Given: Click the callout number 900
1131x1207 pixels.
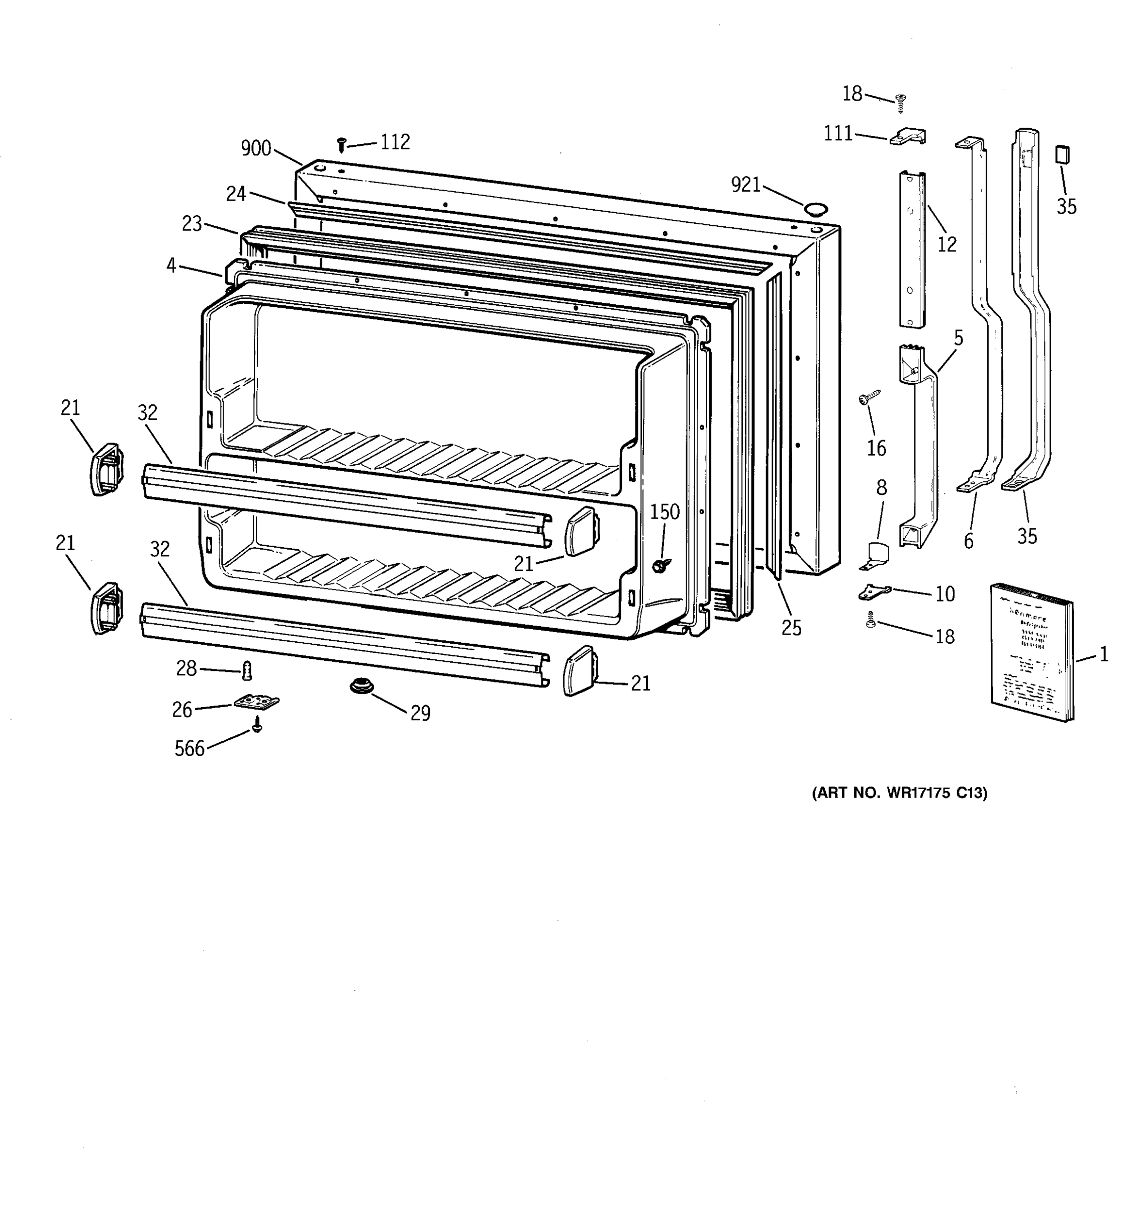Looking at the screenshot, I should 255,148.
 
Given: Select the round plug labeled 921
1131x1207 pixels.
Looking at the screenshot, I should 815,210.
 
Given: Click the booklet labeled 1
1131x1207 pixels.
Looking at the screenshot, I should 1031,653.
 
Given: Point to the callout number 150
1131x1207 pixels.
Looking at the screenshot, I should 665,512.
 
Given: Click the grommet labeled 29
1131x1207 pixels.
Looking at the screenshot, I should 361,686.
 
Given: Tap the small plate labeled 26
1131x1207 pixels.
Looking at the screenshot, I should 257,702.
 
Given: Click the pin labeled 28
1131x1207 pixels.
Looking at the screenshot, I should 247,671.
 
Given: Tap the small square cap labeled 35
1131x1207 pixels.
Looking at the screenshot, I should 1062,154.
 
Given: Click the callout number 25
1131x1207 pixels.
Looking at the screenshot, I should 791,628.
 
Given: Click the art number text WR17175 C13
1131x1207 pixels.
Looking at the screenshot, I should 899,793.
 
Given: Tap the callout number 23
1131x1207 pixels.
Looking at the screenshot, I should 192,223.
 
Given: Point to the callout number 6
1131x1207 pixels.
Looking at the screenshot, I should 969,541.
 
